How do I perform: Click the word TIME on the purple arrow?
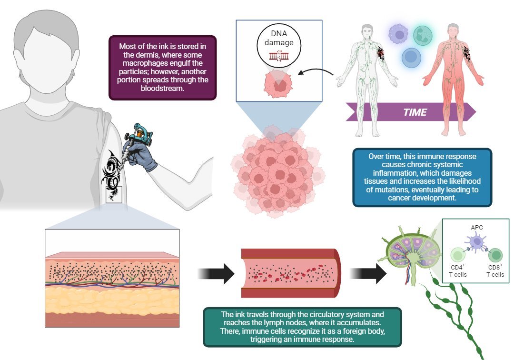[x=415, y=113]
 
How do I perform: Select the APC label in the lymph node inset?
[x=476, y=227]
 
